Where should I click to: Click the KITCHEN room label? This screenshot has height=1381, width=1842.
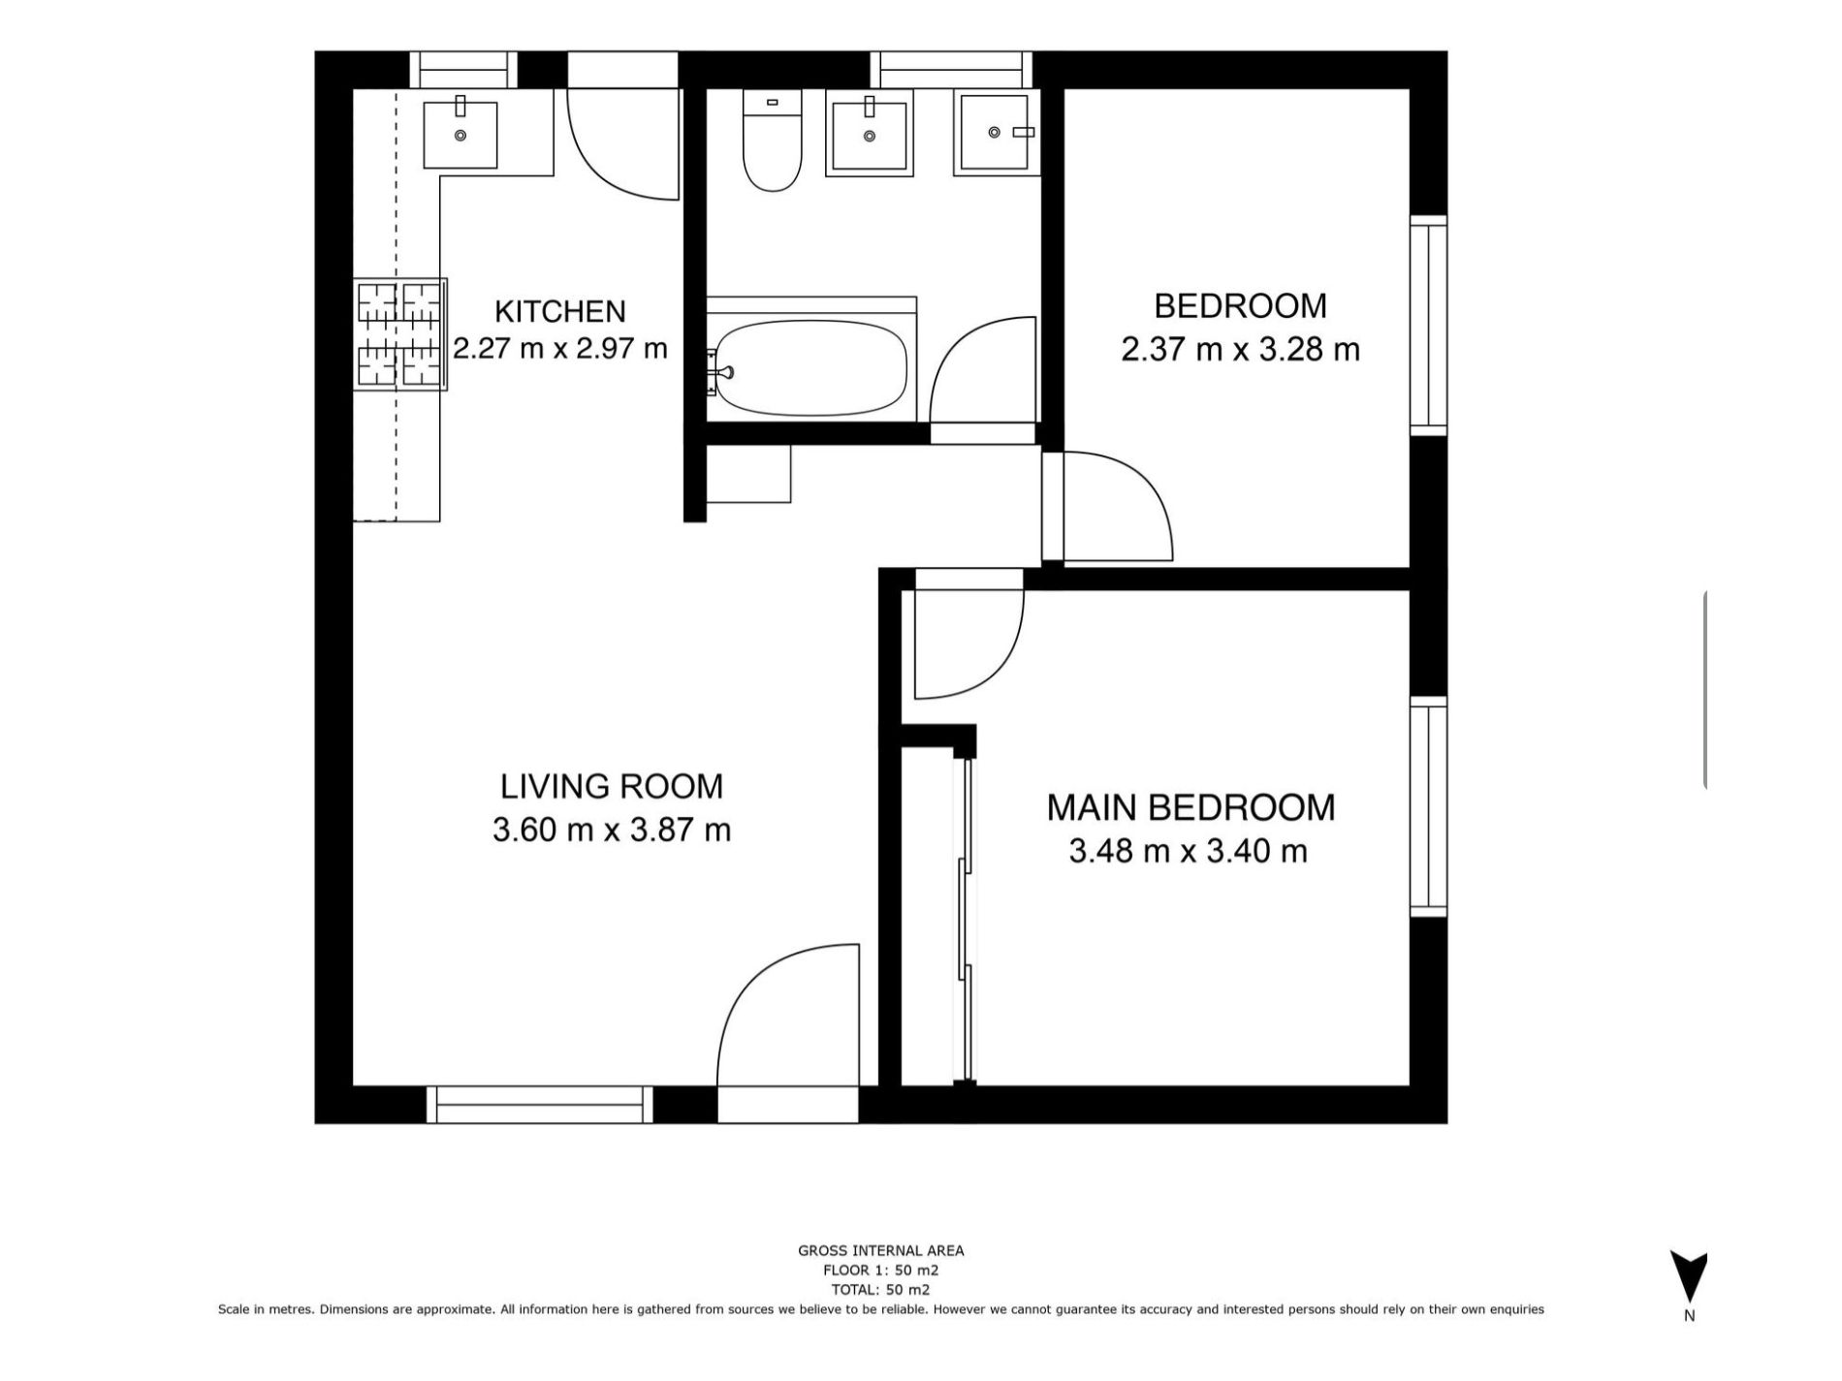pos(559,311)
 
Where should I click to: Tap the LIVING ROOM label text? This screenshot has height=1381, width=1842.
pos(612,786)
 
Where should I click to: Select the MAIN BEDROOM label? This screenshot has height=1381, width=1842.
pos(1191,807)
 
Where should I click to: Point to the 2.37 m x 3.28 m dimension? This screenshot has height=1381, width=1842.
pos(1240,349)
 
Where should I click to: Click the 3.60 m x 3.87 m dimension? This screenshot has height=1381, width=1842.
pos(612,831)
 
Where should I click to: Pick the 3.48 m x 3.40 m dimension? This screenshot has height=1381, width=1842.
pos(1189,851)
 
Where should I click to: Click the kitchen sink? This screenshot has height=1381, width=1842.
pos(460,134)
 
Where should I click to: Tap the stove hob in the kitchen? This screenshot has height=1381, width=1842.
pos(399,334)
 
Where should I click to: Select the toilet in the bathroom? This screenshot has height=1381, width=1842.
pos(773,140)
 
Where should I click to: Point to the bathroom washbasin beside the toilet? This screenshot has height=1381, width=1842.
pos(870,133)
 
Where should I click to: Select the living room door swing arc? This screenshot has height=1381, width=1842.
pos(750,979)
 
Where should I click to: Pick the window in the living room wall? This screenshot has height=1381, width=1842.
pos(540,1105)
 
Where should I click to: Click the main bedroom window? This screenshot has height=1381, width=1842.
pos(1428,806)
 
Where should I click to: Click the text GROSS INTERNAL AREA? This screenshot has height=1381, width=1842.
pos(880,1250)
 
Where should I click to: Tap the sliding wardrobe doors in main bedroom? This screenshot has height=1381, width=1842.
pos(965,920)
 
